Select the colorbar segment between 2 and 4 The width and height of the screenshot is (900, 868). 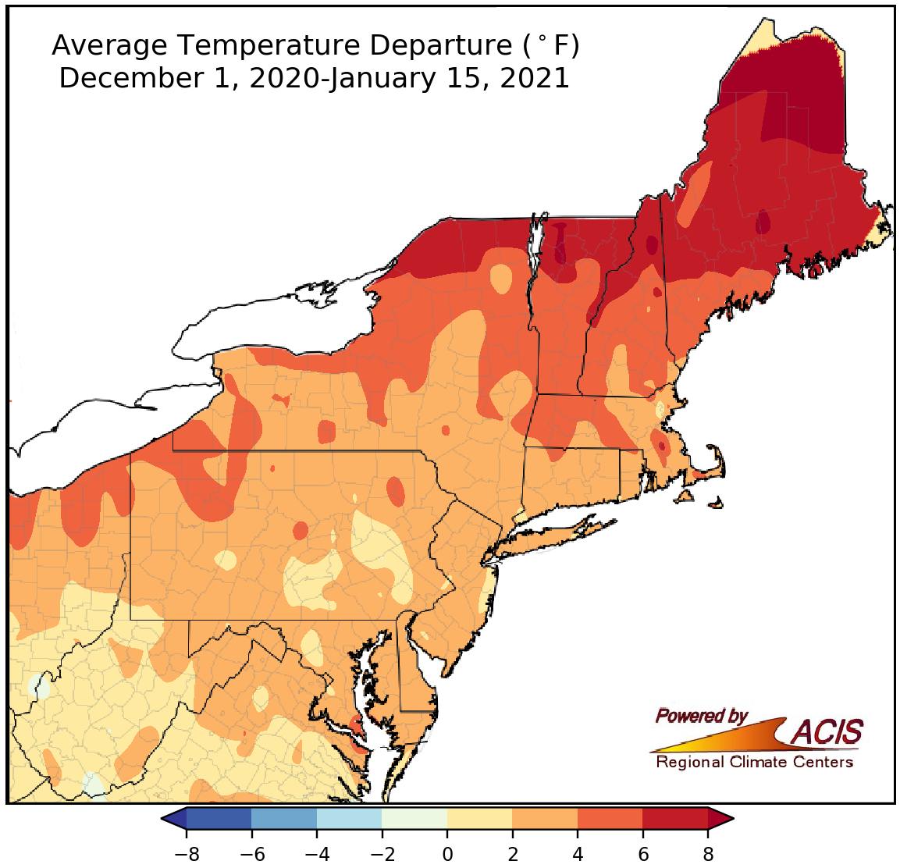[545, 818]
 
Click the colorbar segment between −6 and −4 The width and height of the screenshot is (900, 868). [284, 818]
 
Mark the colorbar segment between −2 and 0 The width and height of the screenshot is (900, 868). [414, 818]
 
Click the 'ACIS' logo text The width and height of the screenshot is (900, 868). [827, 732]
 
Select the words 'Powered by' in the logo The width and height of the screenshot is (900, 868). [701, 716]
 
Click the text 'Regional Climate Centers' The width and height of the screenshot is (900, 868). [754, 762]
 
